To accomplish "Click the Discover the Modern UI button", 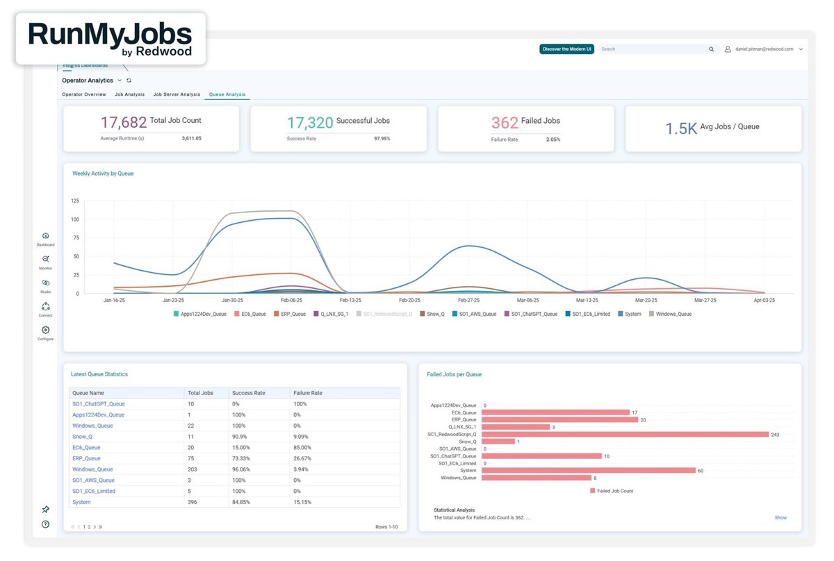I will coord(566,49).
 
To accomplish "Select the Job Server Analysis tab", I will coord(177,94).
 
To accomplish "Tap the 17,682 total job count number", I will coord(124,123).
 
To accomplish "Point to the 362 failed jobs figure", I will coord(505,123).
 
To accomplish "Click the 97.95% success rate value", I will coord(382,139).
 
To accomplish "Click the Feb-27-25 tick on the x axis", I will coord(470,301).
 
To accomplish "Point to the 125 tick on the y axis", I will coord(75,201).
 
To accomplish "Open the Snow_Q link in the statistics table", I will coord(82,437).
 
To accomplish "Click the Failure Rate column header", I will coord(307,393).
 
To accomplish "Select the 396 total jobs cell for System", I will coord(193,502).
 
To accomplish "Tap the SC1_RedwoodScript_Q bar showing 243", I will coord(625,435).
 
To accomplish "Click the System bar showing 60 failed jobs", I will coord(588,470).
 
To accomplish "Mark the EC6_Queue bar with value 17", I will coord(555,412).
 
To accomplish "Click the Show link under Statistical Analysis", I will coord(780,518).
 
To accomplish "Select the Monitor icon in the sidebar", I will coord(46,259).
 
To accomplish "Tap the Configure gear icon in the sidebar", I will coord(46,330).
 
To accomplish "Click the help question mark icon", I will coord(45,524).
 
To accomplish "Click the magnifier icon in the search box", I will coord(711,49).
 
